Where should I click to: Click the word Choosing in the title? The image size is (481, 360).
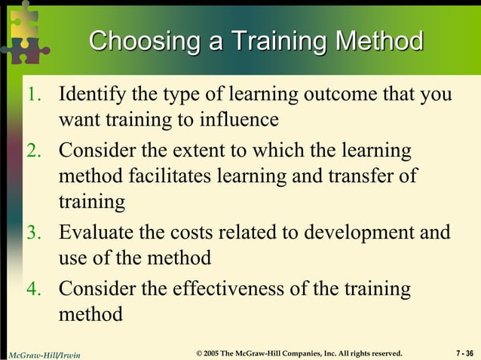tap(138, 41)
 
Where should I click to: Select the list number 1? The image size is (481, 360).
tap(35, 96)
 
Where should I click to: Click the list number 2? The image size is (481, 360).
tap(35, 151)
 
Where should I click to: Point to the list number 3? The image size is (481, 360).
tap(35, 232)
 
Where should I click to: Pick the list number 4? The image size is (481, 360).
tap(35, 288)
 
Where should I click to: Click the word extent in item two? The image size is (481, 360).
tap(203, 151)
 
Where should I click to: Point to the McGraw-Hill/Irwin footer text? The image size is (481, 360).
tap(44, 353)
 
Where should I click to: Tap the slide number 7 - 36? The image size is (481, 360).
tap(464, 352)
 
